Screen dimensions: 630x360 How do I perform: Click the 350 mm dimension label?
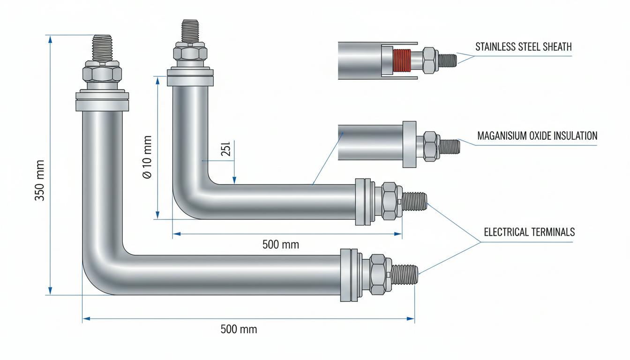pos(40,180)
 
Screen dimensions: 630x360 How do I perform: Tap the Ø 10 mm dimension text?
pos(147,157)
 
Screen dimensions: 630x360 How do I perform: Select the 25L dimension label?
pos(225,149)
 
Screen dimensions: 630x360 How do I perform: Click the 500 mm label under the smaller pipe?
pos(281,244)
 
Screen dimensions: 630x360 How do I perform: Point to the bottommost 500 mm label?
pos(239,329)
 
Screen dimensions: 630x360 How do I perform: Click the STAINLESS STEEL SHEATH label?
pos(524,47)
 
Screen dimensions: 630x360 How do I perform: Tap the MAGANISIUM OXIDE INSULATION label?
pos(537,136)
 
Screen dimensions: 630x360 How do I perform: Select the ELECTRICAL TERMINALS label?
pos(529,232)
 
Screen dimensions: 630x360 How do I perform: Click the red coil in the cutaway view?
pos(402,60)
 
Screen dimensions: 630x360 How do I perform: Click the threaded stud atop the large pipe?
pos(102,48)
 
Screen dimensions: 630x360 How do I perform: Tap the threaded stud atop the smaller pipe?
pos(190,30)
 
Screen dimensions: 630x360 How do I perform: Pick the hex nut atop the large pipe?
pos(102,72)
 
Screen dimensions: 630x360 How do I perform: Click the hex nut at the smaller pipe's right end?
pos(390,201)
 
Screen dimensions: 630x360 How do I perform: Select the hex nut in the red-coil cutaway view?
pos(430,60)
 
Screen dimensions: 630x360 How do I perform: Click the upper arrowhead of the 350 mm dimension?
pos(50,39)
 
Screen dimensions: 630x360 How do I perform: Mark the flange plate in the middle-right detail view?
pos(409,144)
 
